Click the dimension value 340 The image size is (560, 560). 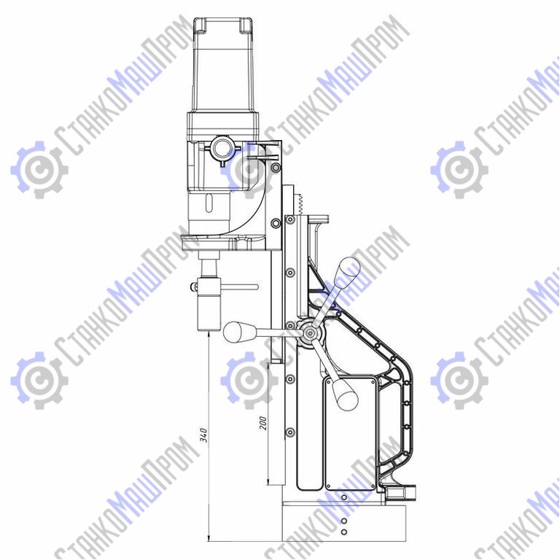coord(203,435)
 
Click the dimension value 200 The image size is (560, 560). coord(262,423)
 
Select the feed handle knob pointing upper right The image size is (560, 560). coord(348,268)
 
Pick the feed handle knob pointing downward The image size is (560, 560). coord(344,394)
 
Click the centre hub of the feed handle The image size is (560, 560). coord(309,333)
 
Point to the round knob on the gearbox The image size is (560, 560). coord(222,147)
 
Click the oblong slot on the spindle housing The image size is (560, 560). coord(209,203)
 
